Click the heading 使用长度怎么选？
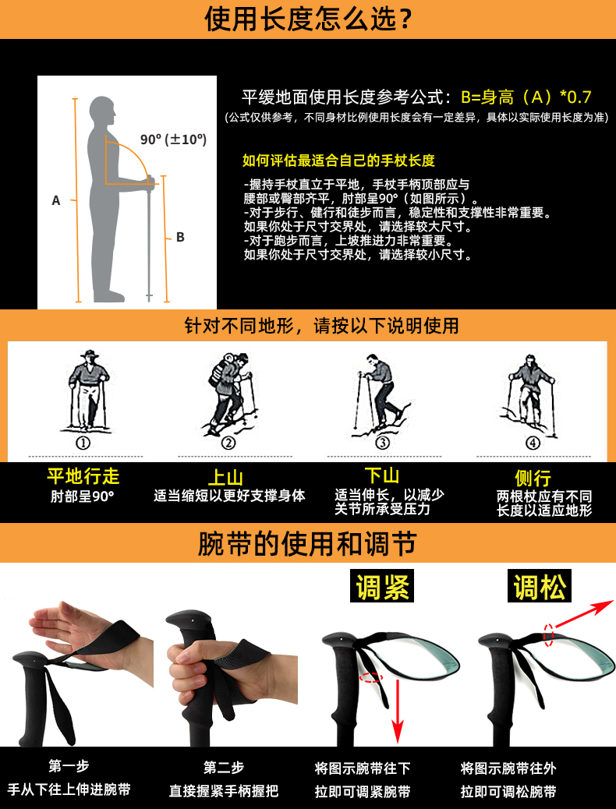[x=308, y=19]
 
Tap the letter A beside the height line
[x=56, y=200]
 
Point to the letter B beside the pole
[x=180, y=238]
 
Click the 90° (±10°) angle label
[x=173, y=140]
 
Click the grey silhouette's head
[x=102, y=109]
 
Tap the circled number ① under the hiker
[x=83, y=443]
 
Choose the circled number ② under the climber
[x=228, y=443]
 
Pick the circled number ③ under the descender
[x=382, y=443]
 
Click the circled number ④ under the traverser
[x=533, y=443]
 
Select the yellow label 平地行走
[x=83, y=476]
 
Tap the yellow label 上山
[x=225, y=477]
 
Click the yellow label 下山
[x=382, y=475]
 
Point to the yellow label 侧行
[x=533, y=478]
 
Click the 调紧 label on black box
[x=382, y=585]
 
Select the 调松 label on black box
[x=540, y=585]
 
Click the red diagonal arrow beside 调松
[x=582, y=613]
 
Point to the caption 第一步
[x=69, y=766]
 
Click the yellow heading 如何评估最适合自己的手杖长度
[x=338, y=161]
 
